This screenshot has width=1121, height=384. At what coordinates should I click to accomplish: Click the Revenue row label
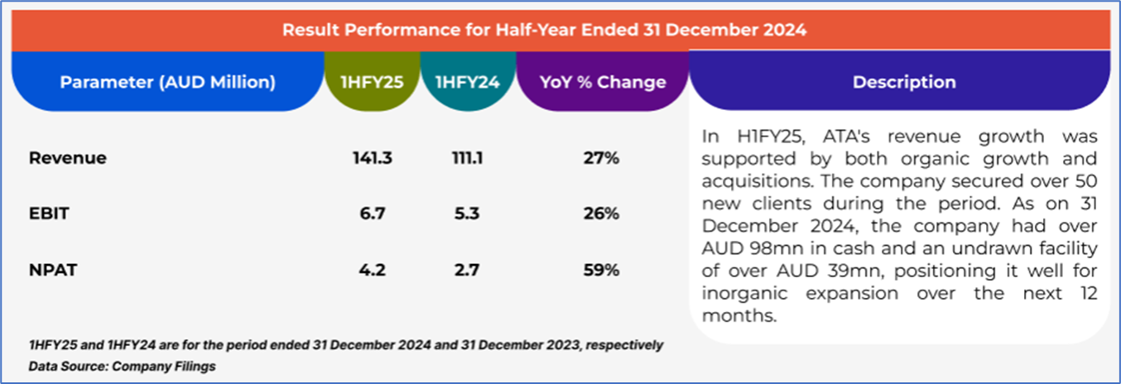[x=68, y=158]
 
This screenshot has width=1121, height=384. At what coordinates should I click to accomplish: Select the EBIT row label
[x=49, y=214]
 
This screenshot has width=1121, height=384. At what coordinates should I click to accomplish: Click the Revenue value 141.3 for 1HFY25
[x=372, y=158]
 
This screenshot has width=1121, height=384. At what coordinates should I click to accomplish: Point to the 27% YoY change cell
[x=601, y=158]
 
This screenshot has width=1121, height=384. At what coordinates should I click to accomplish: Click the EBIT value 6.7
[x=372, y=214]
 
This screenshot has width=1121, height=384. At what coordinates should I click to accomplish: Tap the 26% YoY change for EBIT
[x=601, y=214]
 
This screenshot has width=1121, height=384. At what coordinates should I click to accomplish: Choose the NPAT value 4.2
[x=372, y=269]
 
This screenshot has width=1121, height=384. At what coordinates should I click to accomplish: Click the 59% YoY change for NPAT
[x=601, y=269]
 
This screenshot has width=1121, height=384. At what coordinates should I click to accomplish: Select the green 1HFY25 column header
[x=372, y=82]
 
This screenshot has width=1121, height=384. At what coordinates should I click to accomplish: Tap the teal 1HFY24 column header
[x=468, y=82]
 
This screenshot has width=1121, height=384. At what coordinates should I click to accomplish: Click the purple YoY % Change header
[x=602, y=82]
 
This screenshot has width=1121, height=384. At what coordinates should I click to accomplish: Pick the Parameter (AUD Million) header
[x=167, y=82]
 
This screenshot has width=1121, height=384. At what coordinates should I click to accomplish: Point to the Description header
[x=904, y=82]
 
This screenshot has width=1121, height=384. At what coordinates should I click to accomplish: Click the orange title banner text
[x=544, y=30]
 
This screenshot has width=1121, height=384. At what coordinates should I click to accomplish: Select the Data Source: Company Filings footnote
[x=122, y=366]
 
